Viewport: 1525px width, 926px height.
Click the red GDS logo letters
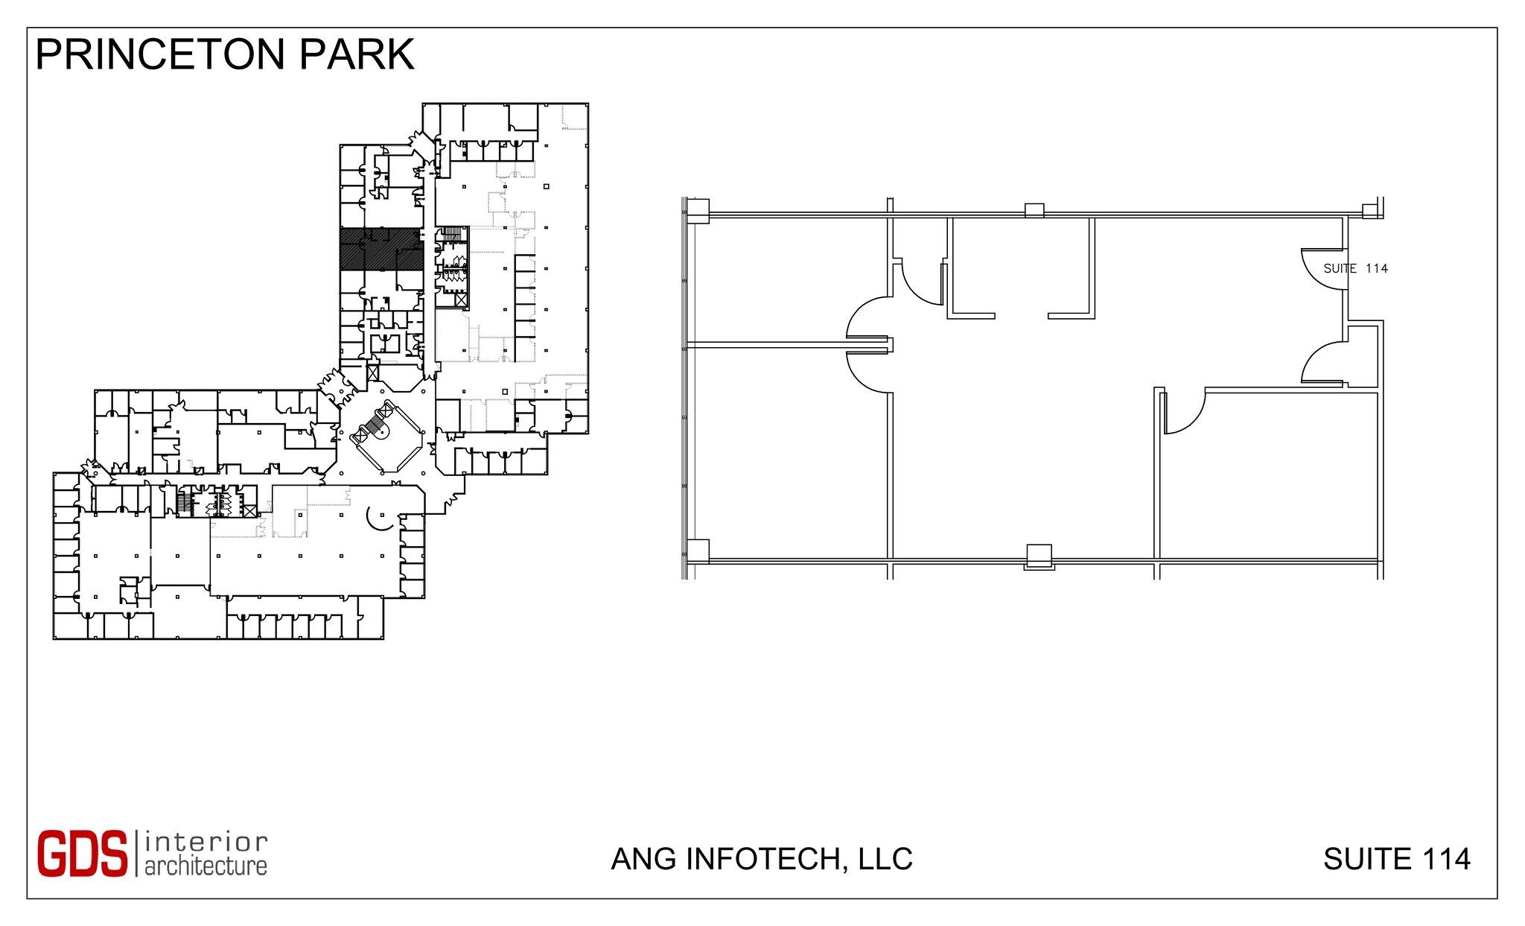click(83, 854)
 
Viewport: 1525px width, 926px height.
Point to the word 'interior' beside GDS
click(206, 842)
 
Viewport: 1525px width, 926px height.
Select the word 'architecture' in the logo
click(206, 866)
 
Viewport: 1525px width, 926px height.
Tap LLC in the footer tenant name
click(885, 859)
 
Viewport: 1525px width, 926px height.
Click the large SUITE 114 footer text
click(1396, 859)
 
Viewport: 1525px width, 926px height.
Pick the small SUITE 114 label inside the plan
click(1355, 268)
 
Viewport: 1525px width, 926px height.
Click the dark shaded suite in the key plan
click(381, 249)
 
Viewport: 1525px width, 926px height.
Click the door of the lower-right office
click(1184, 411)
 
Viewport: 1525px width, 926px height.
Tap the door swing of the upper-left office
click(867, 317)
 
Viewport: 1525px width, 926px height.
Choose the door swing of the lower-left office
click(868, 371)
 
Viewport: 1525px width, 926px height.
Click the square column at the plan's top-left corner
click(698, 210)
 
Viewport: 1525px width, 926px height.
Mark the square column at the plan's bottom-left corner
click(698, 551)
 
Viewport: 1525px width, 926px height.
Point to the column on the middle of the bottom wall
click(1039, 556)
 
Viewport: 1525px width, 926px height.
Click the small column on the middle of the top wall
click(1034, 211)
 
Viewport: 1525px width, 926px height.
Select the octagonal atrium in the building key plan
click(386, 437)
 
